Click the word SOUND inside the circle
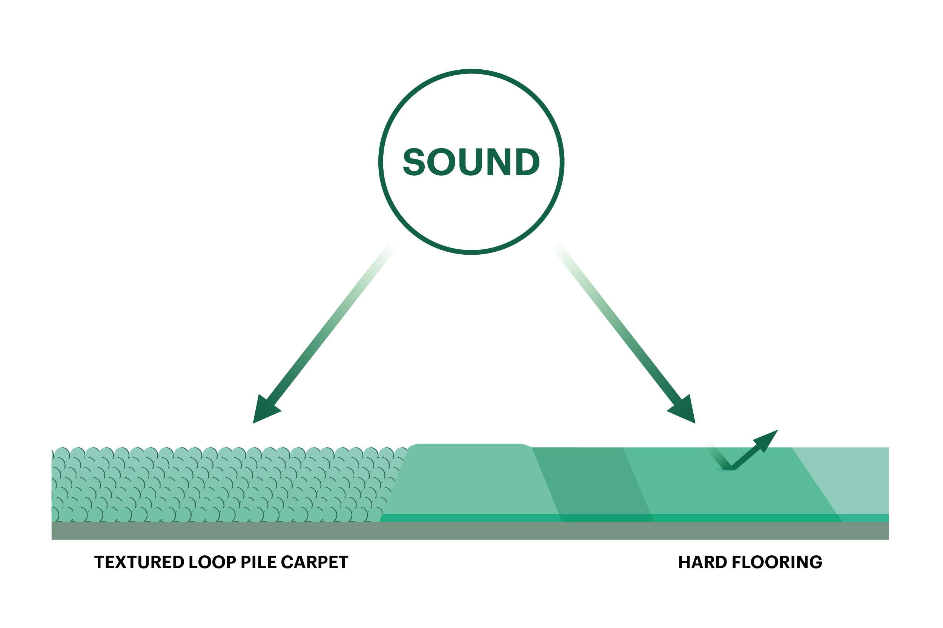click(471, 162)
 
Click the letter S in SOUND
click(414, 162)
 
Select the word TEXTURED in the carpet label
click(139, 562)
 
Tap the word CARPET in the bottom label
click(314, 562)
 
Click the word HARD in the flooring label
click(702, 562)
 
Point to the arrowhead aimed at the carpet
click(265, 411)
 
